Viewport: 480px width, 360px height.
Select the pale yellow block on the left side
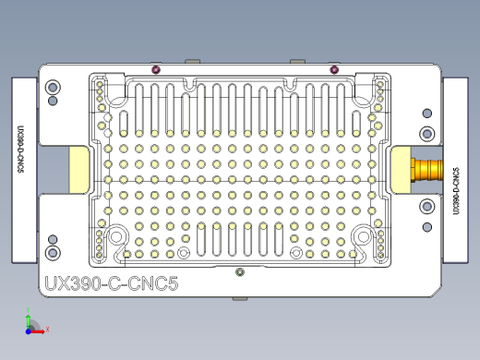click(x=78, y=171)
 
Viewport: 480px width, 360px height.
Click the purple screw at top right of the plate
click(x=333, y=70)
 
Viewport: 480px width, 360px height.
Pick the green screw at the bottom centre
click(x=240, y=271)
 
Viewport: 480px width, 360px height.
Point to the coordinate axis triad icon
click(x=33, y=325)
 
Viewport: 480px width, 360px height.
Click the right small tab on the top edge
click(x=297, y=62)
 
